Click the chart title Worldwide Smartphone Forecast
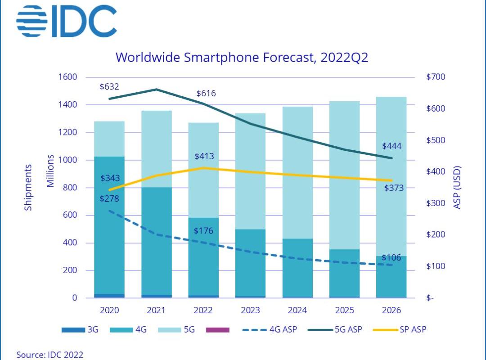pos(242,58)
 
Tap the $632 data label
pos(110,86)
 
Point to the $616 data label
pos(206,94)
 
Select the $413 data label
pos(204,157)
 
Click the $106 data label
pos(391,258)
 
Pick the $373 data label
pos(394,188)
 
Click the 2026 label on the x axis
pos(391,310)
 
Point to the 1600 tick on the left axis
pos(68,77)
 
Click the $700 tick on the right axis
pos(435,77)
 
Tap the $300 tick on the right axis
pos(435,203)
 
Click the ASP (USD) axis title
pos(457,187)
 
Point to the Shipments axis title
pos(28,187)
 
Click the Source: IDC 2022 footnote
pos(50,355)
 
